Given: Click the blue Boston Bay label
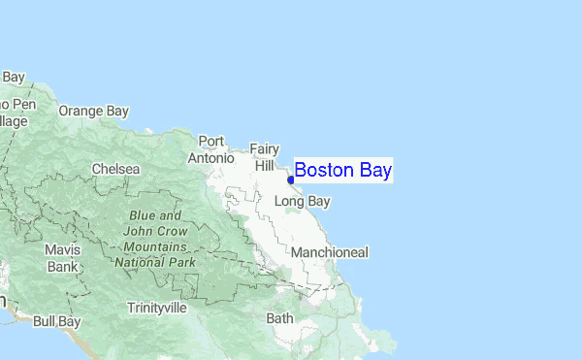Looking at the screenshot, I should coord(342,171).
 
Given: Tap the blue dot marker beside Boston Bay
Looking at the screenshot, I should coord(291,180).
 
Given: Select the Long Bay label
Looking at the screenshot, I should coord(303,202).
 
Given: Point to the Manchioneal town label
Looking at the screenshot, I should coord(330,252).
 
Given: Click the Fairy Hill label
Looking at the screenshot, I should coord(265,157).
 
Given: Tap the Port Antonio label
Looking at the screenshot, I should coord(211,149).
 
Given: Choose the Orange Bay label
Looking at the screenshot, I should coord(93,111).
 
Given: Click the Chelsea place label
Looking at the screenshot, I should coord(115,169).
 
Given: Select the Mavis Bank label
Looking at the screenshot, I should coord(62,257).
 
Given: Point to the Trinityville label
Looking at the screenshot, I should coord(156,308).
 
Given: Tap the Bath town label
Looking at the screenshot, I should coord(279,317).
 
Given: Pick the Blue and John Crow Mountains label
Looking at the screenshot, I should coord(155,239).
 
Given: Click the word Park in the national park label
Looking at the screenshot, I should coord(180,262).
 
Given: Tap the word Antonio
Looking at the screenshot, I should coord(211,157).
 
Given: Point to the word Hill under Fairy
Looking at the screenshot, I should coord(265,166).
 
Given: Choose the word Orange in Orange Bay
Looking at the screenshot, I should coord(81,111).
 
